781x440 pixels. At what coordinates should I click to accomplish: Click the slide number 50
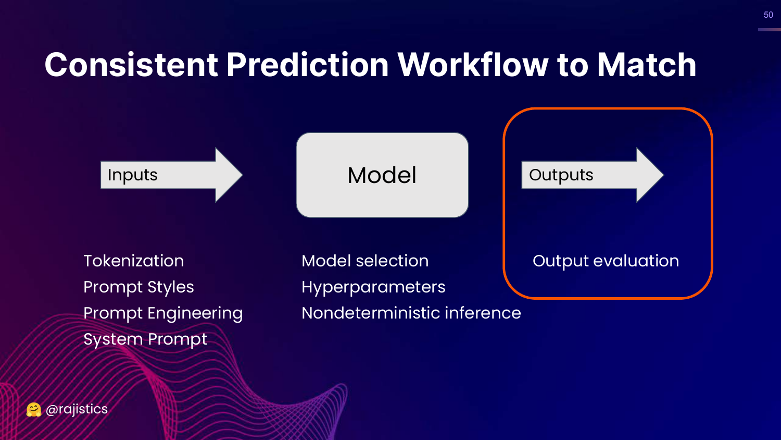[x=768, y=15]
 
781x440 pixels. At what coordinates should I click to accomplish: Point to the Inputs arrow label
[x=133, y=175]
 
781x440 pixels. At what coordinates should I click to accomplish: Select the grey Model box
[x=382, y=175]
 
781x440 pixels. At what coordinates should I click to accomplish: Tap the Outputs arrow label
[x=561, y=175]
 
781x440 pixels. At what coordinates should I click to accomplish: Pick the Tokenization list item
[x=134, y=261]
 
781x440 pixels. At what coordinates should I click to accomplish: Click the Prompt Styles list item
[x=138, y=287]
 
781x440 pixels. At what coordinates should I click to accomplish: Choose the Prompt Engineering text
[x=163, y=313]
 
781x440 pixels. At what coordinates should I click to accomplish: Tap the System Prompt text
[x=145, y=339]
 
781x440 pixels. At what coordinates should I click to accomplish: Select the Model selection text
[x=365, y=261]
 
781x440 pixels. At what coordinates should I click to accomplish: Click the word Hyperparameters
[x=373, y=287]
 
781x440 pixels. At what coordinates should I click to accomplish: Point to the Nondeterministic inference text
[x=411, y=313]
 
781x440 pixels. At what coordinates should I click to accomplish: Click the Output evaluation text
[x=606, y=261]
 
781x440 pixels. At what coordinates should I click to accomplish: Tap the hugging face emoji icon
[x=34, y=410]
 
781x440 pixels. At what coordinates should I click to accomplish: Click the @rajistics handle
[x=77, y=409]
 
